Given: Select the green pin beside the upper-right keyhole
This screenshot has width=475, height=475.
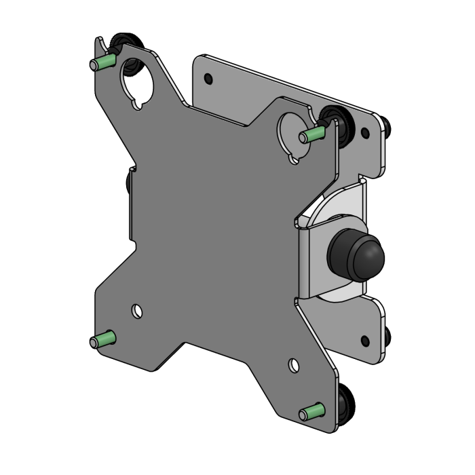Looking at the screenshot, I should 311,133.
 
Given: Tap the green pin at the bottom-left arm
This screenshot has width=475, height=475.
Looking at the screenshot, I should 102,339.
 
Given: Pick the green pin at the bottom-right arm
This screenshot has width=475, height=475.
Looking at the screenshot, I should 313,411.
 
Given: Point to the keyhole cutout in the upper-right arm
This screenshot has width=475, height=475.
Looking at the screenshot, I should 292,132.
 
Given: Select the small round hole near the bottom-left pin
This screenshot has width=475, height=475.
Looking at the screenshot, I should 138,310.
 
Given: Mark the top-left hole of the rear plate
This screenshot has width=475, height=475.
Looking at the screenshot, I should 208,79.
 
